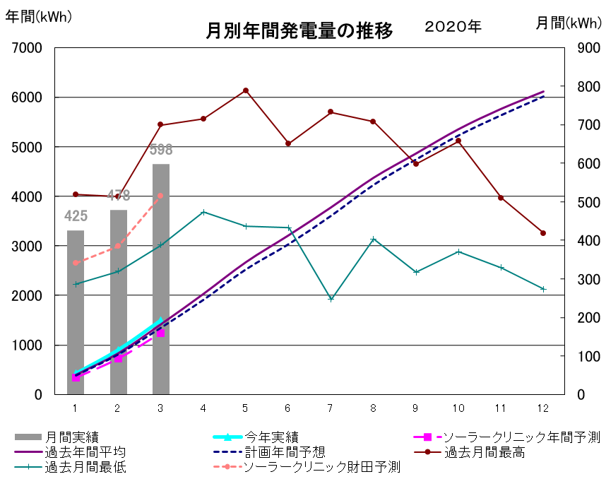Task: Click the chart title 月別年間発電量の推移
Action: (x=299, y=31)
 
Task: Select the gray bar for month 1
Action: (x=76, y=311)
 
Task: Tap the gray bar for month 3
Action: (x=161, y=283)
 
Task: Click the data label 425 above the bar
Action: (x=76, y=215)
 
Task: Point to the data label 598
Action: (x=161, y=150)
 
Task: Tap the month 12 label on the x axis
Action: (x=543, y=408)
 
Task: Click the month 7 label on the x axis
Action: (x=330, y=408)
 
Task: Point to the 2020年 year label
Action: (x=453, y=27)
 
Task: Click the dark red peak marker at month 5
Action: (x=246, y=90)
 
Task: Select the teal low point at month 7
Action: (x=331, y=299)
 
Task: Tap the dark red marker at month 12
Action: (x=543, y=233)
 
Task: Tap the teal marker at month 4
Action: (x=203, y=212)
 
